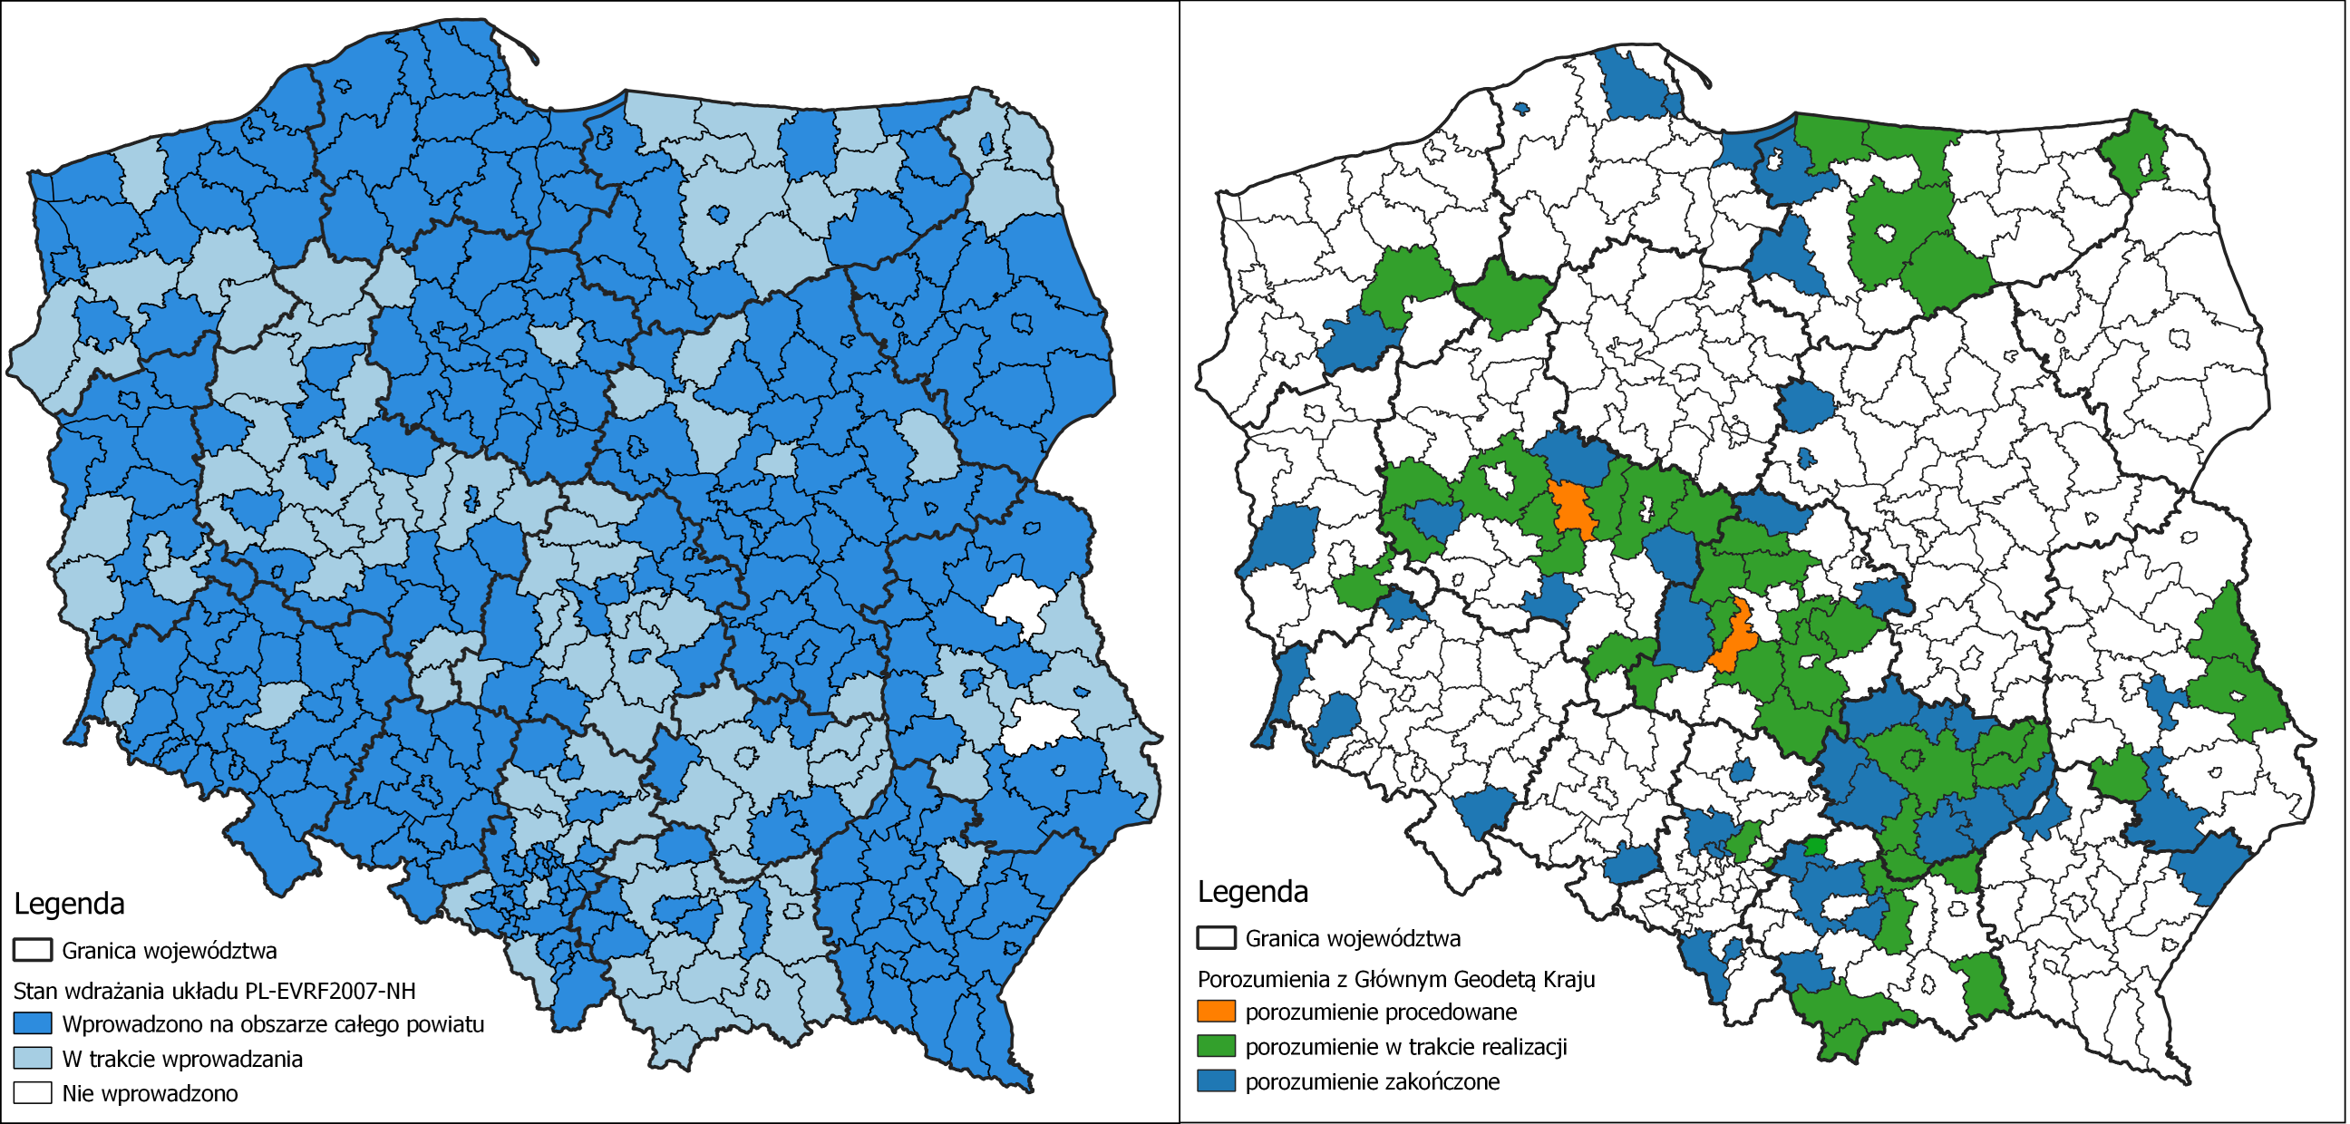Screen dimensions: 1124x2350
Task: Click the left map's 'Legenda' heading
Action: (x=68, y=903)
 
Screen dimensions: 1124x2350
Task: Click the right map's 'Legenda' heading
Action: (x=1253, y=891)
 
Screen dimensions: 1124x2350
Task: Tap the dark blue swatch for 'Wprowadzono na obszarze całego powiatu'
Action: (x=32, y=1022)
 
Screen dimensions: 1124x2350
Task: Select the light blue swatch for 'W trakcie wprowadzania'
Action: (x=32, y=1058)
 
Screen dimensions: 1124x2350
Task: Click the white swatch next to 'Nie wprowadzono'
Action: (x=32, y=1092)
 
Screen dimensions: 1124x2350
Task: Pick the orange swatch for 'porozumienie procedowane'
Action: (x=1216, y=1011)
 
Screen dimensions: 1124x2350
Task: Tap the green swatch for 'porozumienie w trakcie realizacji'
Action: (x=1216, y=1045)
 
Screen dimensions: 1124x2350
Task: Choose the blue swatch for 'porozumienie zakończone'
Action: (x=1216, y=1081)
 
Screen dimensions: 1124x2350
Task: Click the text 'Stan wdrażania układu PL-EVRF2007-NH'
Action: (x=214, y=991)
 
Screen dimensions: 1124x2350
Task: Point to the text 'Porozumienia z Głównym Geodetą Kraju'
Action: (x=1396, y=979)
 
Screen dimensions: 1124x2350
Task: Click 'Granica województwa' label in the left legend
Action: (x=169, y=950)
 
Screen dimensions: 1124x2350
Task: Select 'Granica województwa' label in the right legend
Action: (x=1353, y=938)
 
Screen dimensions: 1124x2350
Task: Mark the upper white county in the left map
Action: (x=1019, y=604)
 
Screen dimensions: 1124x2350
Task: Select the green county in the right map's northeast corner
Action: (x=2138, y=150)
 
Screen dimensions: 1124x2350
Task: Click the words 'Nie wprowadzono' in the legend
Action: (x=150, y=1092)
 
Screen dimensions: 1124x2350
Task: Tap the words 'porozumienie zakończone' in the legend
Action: (x=1372, y=1081)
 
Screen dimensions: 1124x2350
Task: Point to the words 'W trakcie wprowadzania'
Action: (x=181, y=1059)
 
